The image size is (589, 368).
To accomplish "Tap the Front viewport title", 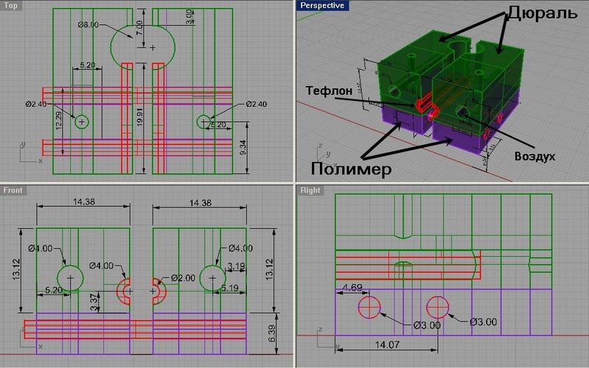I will point(13,191).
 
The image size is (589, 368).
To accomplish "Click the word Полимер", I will point(350,169).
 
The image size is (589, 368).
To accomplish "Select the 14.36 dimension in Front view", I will point(201,201).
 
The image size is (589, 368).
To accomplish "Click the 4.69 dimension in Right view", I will point(352,286).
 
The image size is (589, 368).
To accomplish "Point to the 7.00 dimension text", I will point(141,33).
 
